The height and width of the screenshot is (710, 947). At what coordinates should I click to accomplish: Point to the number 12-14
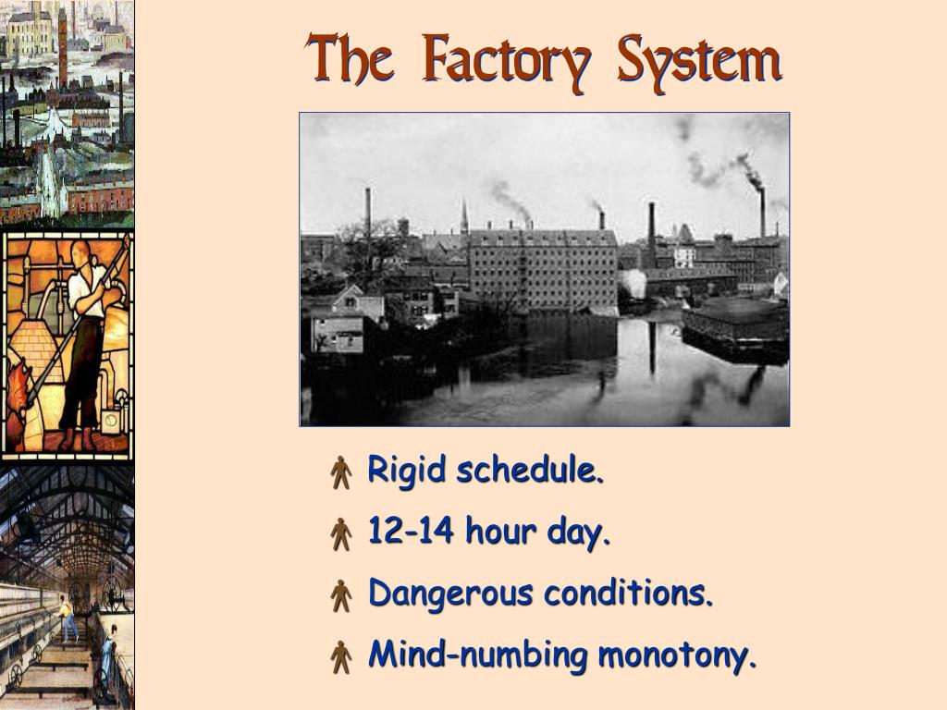412,532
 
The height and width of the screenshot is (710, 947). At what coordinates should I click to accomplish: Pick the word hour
501,532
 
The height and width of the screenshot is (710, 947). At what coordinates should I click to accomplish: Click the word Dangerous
450,594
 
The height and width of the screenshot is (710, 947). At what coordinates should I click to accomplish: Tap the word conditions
629,593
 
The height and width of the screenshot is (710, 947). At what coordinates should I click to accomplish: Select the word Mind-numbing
478,655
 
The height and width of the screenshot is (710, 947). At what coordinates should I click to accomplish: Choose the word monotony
678,655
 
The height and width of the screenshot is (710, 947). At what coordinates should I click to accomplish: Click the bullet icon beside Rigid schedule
341,472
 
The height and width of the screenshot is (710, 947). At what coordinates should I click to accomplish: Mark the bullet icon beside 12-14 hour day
341,533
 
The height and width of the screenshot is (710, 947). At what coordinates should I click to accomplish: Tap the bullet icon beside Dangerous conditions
341,595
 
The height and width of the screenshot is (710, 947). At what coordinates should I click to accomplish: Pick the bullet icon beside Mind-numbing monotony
341,657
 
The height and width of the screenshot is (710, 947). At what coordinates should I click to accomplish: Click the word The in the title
351,61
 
